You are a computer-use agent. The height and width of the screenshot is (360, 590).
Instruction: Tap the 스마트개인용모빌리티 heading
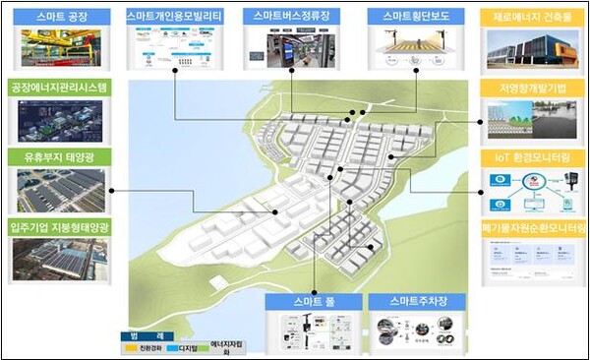tap(174, 18)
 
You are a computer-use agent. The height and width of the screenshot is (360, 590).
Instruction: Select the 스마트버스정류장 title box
tap(292, 18)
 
